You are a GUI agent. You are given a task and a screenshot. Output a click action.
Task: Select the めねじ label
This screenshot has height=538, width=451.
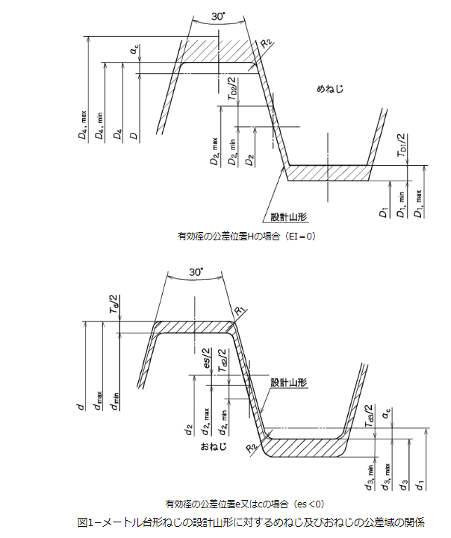pos(329,90)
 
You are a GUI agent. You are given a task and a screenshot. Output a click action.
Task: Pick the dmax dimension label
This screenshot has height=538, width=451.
pos(98,407)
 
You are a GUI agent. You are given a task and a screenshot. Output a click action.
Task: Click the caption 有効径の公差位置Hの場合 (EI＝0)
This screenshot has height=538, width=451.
pos(247,237)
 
